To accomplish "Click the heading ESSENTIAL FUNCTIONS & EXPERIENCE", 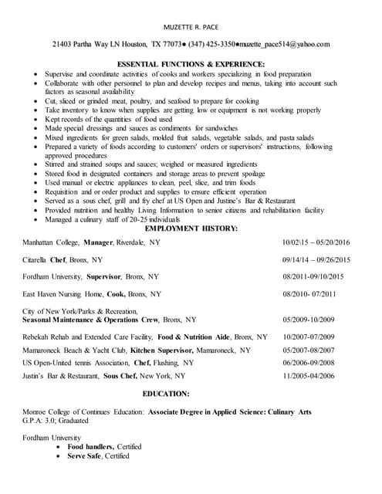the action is click(191, 63).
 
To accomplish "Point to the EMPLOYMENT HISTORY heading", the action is click(191, 228).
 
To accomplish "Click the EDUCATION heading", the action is click(191, 393).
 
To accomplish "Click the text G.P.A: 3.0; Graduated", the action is click(56, 421).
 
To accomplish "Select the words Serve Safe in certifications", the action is click(85, 456).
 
